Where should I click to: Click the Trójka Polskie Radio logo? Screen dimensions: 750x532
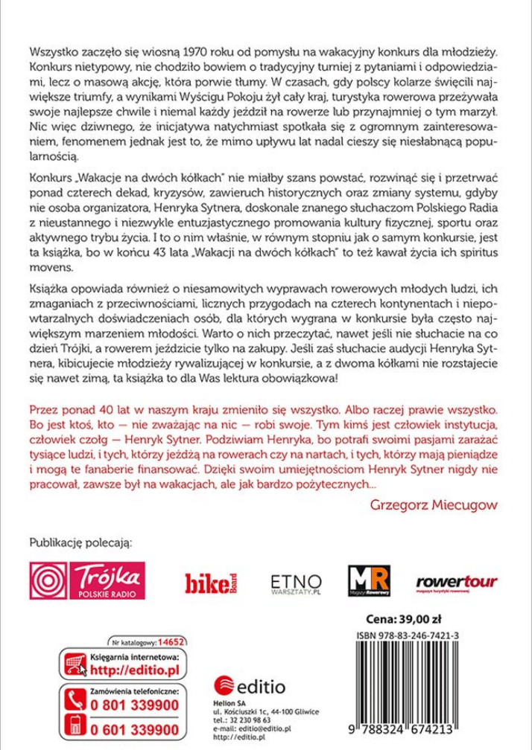(x=87, y=580)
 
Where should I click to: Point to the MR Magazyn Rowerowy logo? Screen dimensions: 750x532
(x=369, y=580)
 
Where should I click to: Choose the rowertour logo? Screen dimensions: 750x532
(x=456, y=582)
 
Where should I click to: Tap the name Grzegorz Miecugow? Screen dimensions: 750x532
(x=434, y=504)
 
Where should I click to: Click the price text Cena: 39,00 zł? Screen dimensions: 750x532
(x=404, y=618)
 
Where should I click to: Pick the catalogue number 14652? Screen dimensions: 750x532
(x=171, y=641)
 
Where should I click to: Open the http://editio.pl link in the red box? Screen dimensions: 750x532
(x=134, y=669)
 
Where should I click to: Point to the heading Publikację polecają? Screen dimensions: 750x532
(x=80, y=542)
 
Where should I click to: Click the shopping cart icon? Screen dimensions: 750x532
(x=74, y=663)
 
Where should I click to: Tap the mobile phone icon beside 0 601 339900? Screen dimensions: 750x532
(x=75, y=728)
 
